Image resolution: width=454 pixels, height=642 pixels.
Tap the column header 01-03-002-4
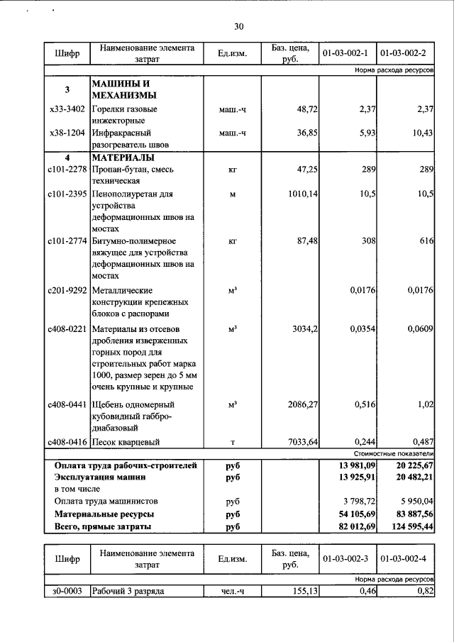(405, 559)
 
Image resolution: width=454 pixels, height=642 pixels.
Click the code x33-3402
(67, 110)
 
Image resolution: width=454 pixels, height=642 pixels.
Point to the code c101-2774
(67, 241)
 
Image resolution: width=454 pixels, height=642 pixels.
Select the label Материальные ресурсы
(104, 514)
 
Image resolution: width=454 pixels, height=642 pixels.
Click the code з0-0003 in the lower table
(67, 591)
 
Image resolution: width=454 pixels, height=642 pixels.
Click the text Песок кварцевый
(125, 442)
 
